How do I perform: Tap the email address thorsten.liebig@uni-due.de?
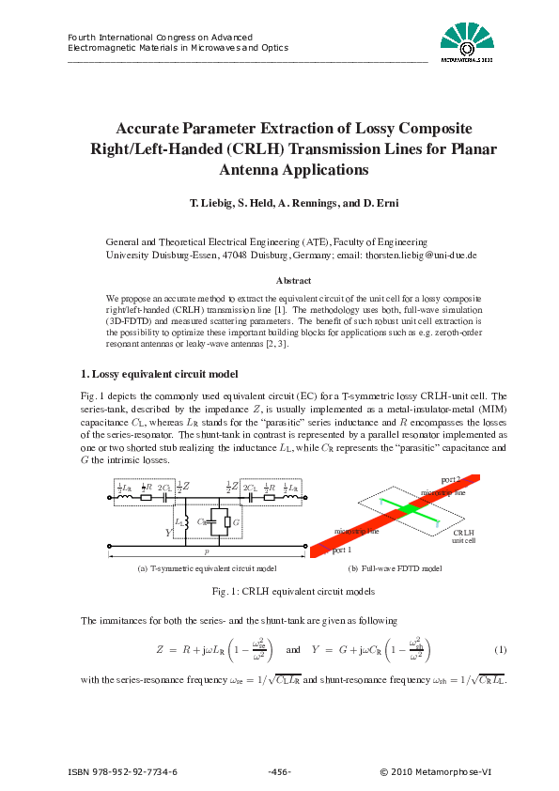click(x=420, y=255)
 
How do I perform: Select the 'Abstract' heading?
click(x=293, y=280)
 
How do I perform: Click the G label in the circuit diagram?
click(x=237, y=520)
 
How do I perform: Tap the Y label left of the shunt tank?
click(x=169, y=532)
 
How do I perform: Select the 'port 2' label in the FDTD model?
click(x=449, y=480)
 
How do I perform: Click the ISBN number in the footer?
click(x=123, y=772)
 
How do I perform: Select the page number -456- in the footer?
click(x=279, y=772)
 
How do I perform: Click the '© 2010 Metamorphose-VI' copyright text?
click(x=435, y=772)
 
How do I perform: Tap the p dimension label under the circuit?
click(x=207, y=552)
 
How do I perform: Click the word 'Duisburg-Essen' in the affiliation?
click(x=181, y=255)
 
